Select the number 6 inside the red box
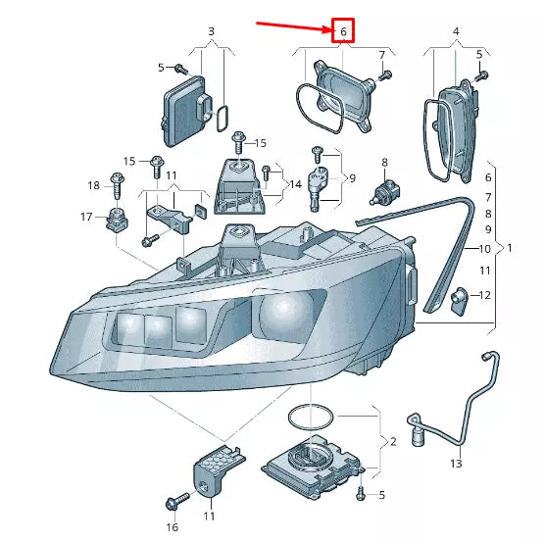click(x=343, y=32)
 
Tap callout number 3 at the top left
click(x=210, y=32)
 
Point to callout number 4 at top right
click(x=455, y=32)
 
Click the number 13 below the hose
click(x=455, y=463)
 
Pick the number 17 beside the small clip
click(x=86, y=216)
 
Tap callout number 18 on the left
click(x=93, y=184)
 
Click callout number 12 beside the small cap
click(x=485, y=295)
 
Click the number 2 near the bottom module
click(x=392, y=442)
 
